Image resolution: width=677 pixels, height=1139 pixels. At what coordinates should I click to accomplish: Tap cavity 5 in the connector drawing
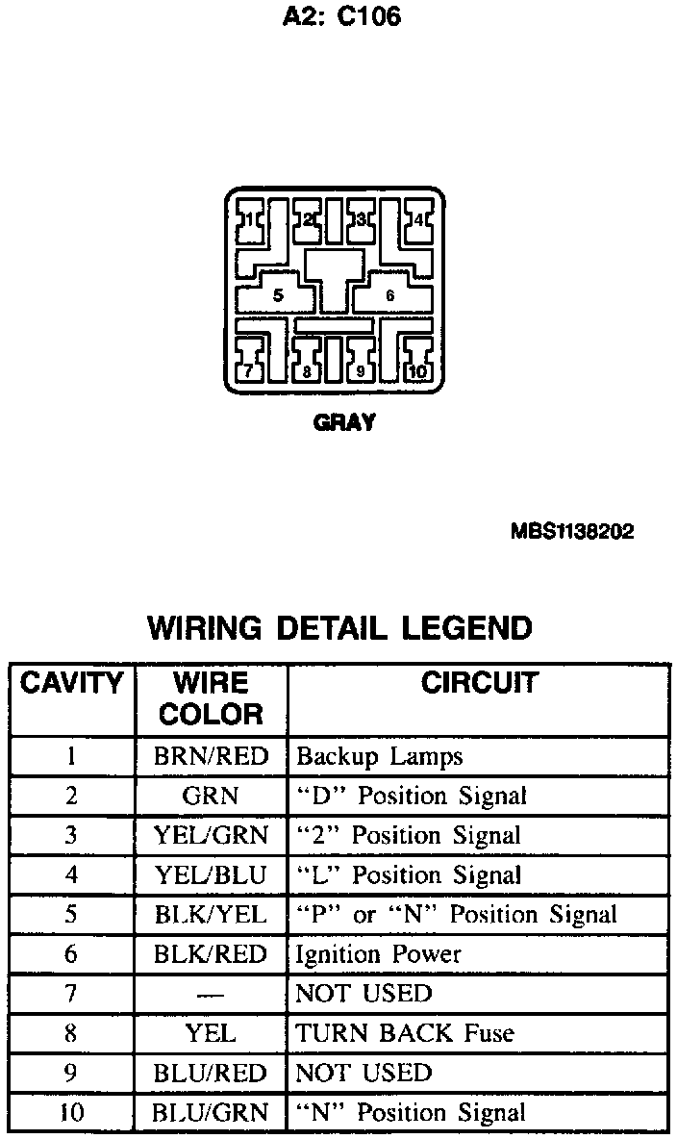[x=278, y=295]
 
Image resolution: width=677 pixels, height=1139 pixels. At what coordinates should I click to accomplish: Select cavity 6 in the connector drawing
[x=389, y=295]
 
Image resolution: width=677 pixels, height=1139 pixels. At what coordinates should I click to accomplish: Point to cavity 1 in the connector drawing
[x=249, y=220]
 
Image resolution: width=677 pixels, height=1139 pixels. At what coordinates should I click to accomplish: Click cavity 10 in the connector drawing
[x=417, y=371]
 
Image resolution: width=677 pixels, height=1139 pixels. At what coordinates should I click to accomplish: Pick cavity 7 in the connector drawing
[x=248, y=370]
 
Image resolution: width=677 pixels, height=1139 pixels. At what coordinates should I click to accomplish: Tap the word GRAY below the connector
[x=343, y=421]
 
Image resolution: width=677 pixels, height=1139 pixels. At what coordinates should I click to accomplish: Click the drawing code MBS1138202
[x=572, y=532]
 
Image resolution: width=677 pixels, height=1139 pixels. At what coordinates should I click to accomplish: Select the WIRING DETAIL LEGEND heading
[x=338, y=628]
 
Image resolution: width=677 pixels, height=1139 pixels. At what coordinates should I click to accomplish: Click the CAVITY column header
[x=72, y=684]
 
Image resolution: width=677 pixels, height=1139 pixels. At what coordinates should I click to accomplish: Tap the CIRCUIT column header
[x=479, y=683]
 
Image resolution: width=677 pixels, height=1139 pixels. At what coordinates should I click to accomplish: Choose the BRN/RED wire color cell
[x=212, y=756]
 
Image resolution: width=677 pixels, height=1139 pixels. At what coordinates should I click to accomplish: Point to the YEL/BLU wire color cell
[x=212, y=874]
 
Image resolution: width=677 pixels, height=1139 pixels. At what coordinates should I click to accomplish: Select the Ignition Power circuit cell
[x=379, y=954]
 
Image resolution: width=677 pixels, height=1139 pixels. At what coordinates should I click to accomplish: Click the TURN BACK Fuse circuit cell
[x=405, y=1033]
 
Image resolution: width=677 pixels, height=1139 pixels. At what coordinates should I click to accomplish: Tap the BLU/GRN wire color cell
[x=212, y=1113]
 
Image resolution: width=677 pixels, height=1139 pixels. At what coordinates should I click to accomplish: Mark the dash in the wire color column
[x=211, y=994]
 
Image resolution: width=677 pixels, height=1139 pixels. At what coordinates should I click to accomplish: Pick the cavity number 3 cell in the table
[x=71, y=835]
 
